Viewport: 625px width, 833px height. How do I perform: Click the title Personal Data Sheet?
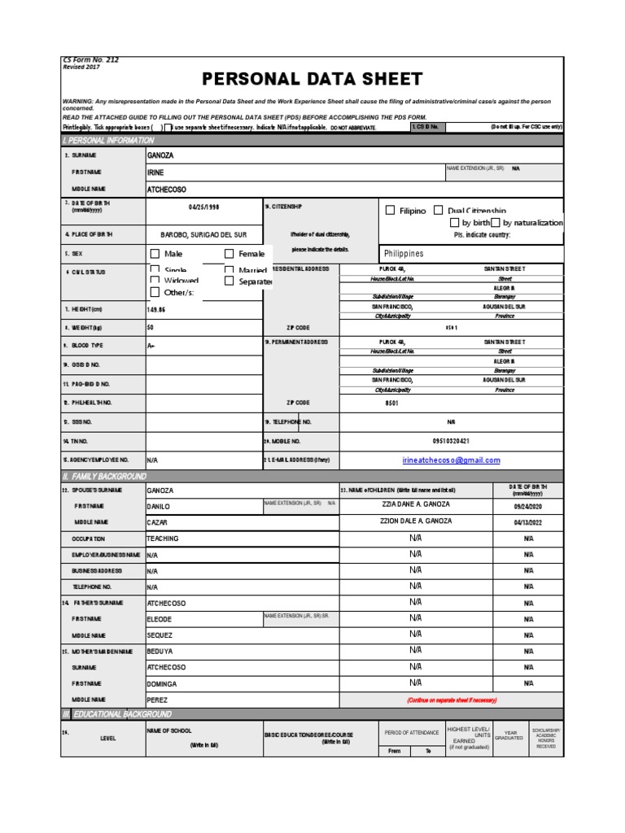(x=312, y=79)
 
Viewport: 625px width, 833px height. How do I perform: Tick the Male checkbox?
(x=155, y=254)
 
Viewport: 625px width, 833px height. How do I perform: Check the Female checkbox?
(x=229, y=254)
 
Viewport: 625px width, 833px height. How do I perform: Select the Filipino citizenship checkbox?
(x=391, y=211)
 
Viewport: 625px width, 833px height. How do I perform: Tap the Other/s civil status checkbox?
(x=155, y=292)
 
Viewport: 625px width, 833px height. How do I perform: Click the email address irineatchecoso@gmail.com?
(x=451, y=460)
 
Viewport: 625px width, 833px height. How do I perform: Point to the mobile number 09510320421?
(x=451, y=441)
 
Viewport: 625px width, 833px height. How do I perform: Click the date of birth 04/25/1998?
(x=204, y=207)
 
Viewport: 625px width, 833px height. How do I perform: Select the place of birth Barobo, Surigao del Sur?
(x=203, y=234)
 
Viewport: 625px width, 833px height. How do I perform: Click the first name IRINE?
(x=155, y=172)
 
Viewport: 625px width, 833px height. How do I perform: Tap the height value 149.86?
(x=155, y=309)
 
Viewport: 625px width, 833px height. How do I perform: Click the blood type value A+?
(x=151, y=346)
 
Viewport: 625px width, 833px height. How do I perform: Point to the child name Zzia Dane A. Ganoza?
(x=416, y=504)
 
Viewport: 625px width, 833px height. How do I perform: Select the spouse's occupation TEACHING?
(x=162, y=539)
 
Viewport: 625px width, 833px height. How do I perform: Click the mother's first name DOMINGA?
(x=161, y=684)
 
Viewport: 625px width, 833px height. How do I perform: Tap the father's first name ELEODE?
(x=160, y=618)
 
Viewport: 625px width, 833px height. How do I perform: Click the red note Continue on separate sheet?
(x=451, y=700)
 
